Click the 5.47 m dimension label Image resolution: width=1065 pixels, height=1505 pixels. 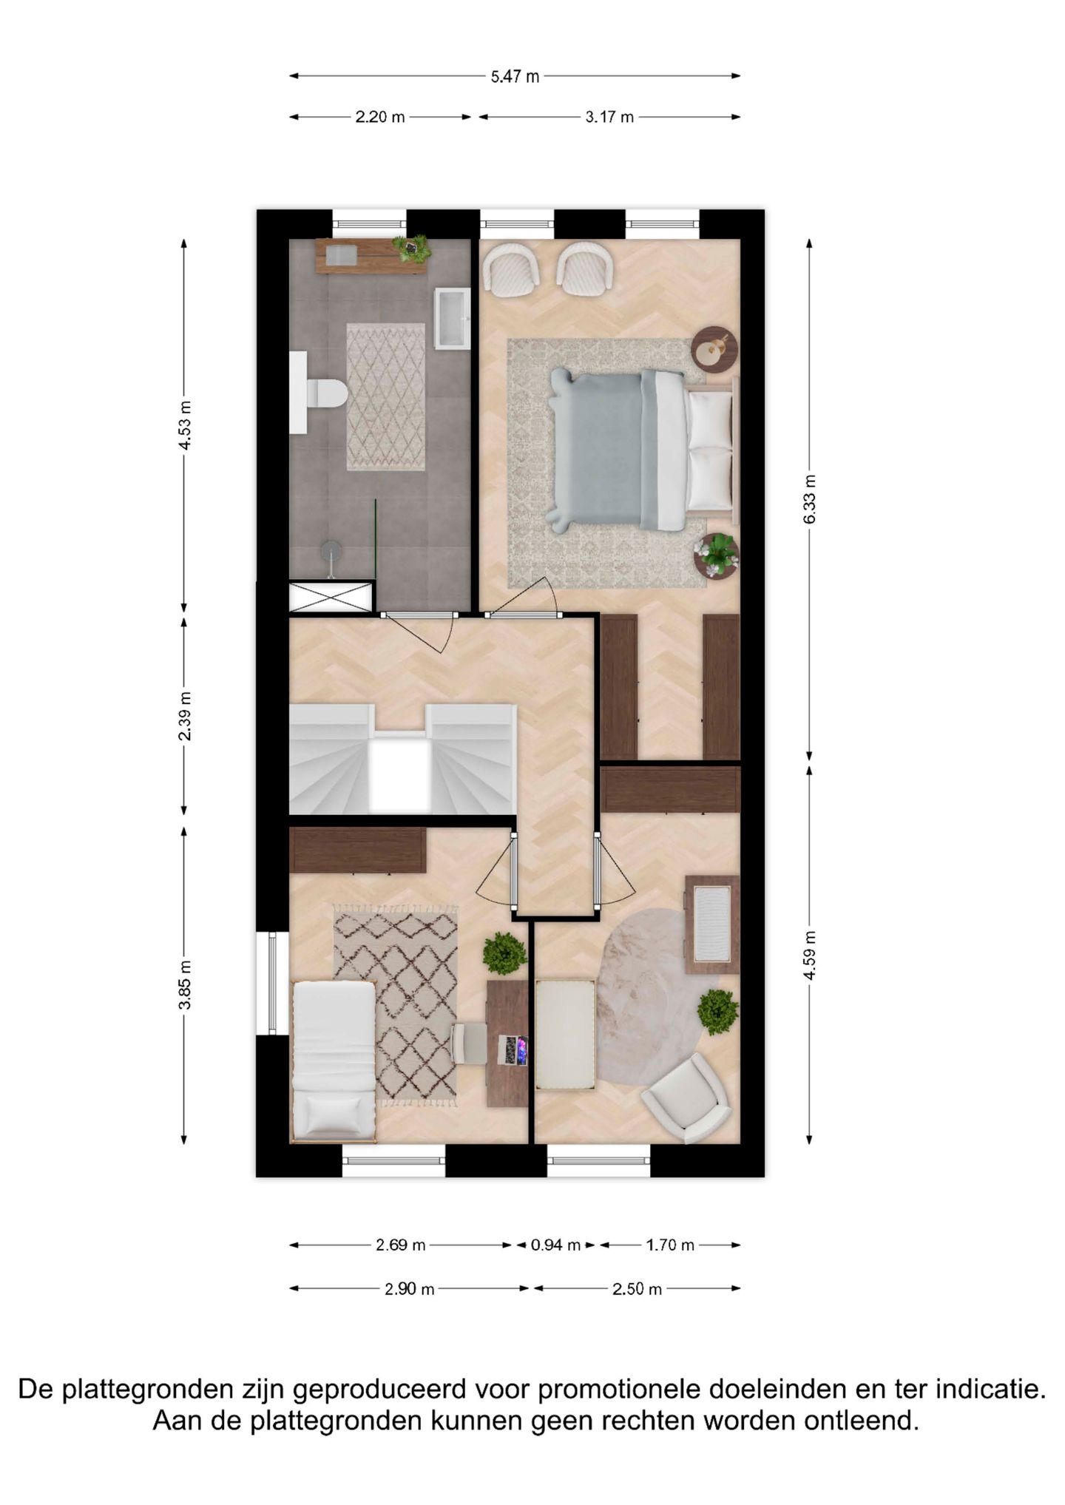click(x=515, y=76)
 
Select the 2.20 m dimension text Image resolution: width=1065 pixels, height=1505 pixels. click(x=380, y=117)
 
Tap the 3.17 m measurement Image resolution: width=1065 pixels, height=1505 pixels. click(x=609, y=117)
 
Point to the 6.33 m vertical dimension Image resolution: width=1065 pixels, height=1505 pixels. click(x=810, y=499)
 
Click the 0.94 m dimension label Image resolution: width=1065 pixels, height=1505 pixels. click(x=555, y=1245)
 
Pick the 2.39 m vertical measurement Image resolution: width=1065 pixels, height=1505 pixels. click(x=185, y=715)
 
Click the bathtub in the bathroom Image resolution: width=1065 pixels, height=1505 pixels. click(x=453, y=318)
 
